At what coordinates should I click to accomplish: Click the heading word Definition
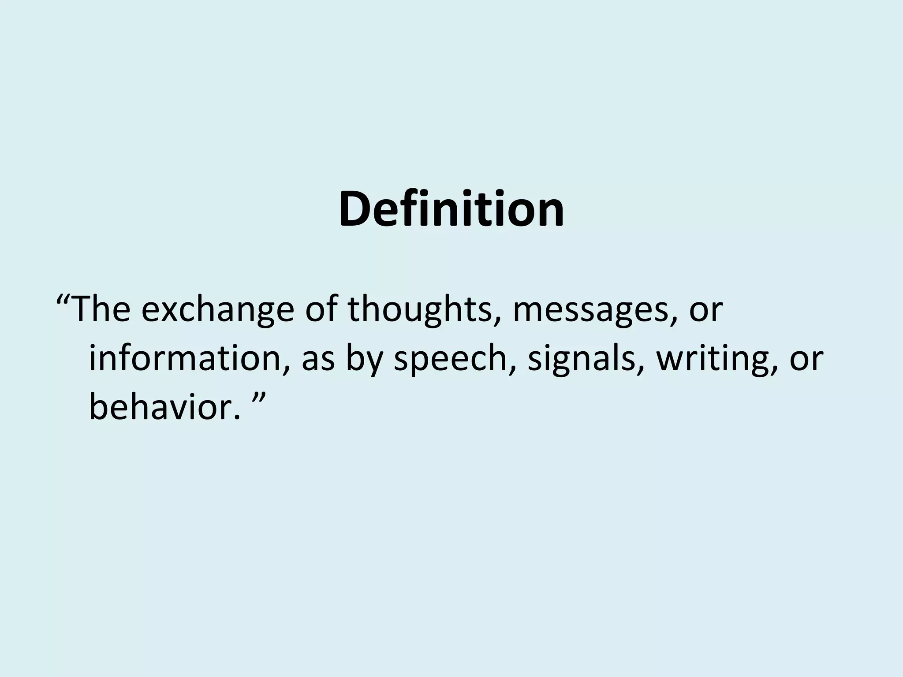(x=451, y=209)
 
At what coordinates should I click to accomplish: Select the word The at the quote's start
(x=101, y=310)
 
